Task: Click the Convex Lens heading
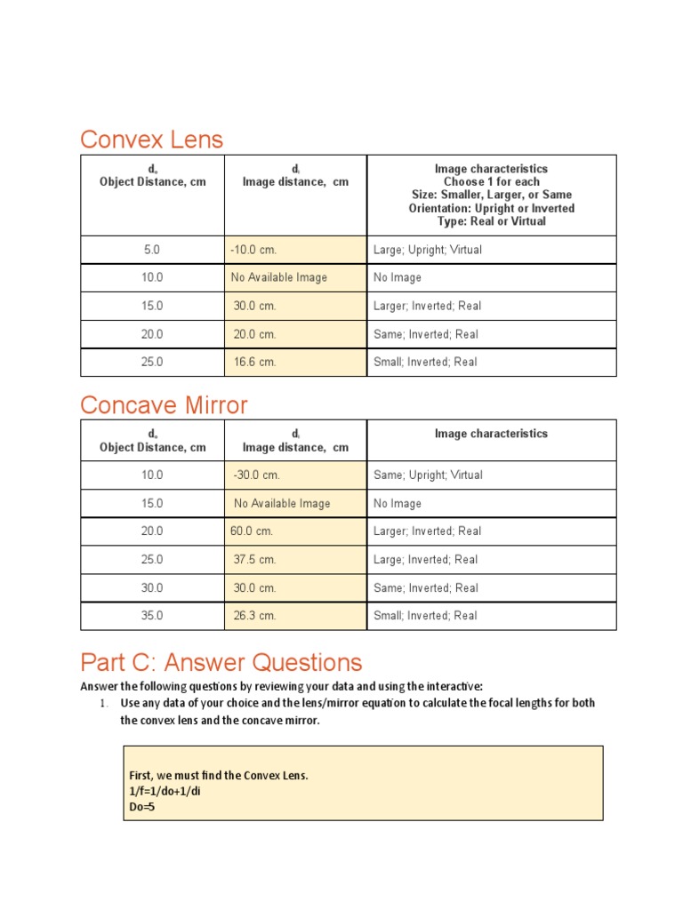point(151,140)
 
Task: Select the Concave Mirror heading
point(164,405)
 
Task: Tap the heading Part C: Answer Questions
point(221,662)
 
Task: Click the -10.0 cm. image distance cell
point(255,250)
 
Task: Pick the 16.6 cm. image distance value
point(255,363)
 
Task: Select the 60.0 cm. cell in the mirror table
point(252,531)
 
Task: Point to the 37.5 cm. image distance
point(255,560)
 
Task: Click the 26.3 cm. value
point(255,616)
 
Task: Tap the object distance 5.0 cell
point(152,250)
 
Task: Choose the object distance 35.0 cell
point(152,616)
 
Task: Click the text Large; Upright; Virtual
point(428,250)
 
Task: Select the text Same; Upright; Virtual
point(428,475)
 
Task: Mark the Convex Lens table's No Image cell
point(398,278)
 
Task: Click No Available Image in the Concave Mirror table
point(282,504)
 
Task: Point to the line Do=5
point(142,808)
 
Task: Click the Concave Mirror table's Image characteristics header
point(491,434)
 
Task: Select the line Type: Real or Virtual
point(491,221)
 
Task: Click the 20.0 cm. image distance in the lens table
point(255,334)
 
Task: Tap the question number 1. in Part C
point(103,704)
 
